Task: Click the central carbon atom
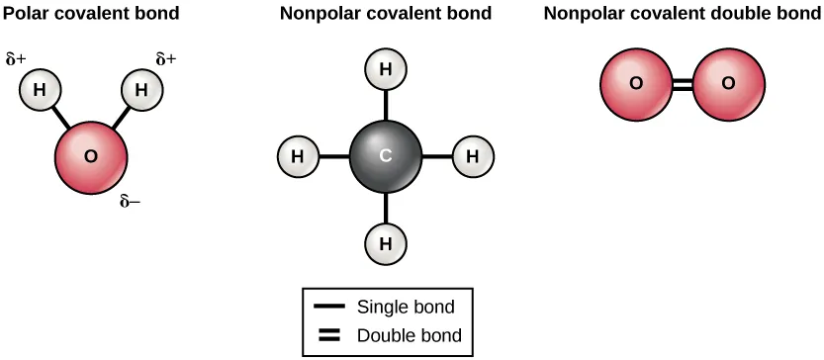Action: (x=386, y=156)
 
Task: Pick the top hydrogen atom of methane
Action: (x=386, y=70)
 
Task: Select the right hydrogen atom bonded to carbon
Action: (x=473, y=156)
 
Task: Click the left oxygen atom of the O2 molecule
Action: (x=637, y=83)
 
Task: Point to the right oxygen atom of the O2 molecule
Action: (x=729, y=83)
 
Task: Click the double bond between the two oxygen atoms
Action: (x=683, y=84)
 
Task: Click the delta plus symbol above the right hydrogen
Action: (x=166, y=59)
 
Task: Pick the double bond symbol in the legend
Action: (x=329, y=334)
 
